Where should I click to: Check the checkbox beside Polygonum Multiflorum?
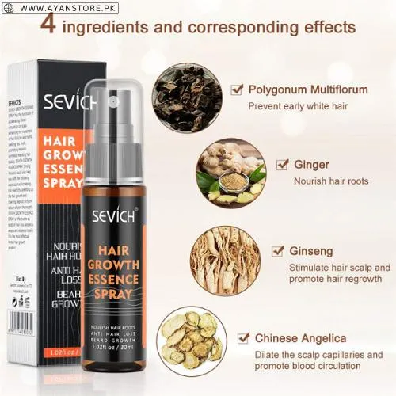(236, 89)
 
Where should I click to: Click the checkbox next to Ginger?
(282, 165)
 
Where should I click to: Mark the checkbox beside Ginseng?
(278, 251)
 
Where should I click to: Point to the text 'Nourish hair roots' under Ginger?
(330, 181)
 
